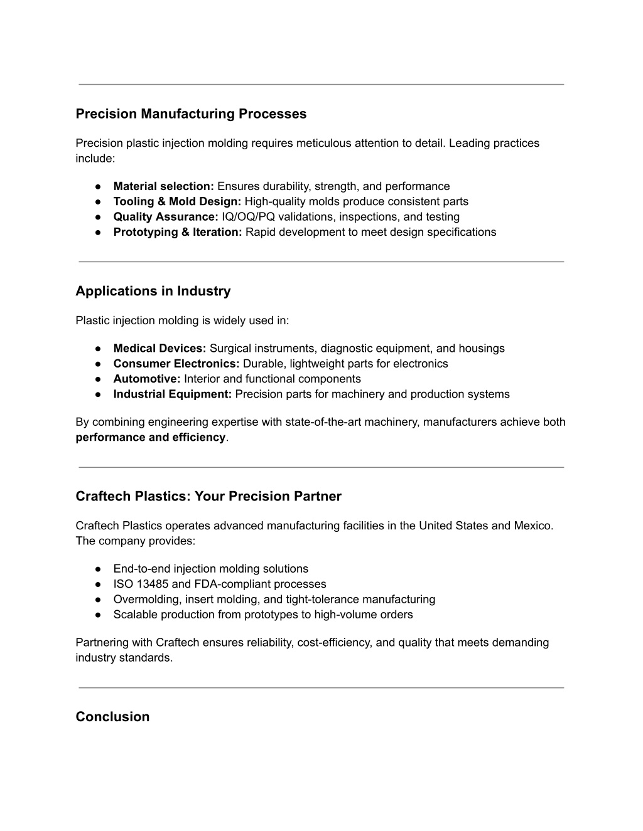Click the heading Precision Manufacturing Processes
(x=191, y=114)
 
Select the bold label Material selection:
(x=163, y=186)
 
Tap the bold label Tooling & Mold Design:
(x=177, y=201)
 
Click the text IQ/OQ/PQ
(x=248, y=217)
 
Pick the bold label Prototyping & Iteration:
(x=178, y=232)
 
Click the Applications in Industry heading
(x=153, y=291)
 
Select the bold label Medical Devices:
(x=159, y=349)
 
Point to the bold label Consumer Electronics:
(x=176, y=364)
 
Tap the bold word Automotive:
(x=147, y=379)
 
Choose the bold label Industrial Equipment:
(x=173, y=394)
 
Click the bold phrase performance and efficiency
(x=150, y=437)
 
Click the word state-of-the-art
(x=321, y=422)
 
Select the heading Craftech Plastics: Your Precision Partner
(x=208, y=497)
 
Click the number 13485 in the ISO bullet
(x=153, y=584)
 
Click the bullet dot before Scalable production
(x=99, y=615)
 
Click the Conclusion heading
(x=112, y=717)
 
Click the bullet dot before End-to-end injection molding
(x=99, y=569)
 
